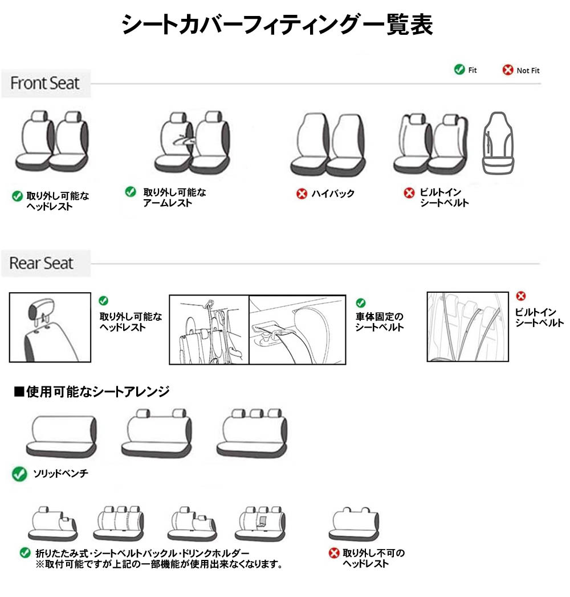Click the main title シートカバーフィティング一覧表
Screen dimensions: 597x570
click(278, 26)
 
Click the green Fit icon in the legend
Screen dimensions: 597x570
click(459, 70)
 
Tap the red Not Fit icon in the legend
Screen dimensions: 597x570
click(507, 70)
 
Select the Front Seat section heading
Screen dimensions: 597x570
click(45, 83)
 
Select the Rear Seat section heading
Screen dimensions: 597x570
click(42, 263)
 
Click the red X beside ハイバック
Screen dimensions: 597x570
click(302, 194)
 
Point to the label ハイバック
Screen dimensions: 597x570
click(333, 194)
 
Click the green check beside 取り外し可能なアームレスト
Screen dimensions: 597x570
click(131, 192)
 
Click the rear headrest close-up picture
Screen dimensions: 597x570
click(50, 328)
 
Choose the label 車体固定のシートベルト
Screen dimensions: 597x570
click(380, 322)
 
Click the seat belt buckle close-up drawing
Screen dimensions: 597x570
click(297, 329)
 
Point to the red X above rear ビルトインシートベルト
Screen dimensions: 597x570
click(520, 296)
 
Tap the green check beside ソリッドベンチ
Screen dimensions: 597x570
click(19, 474)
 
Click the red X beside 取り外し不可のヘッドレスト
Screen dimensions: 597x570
click(334, 553)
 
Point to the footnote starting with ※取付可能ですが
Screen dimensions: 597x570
click(159, 564)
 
